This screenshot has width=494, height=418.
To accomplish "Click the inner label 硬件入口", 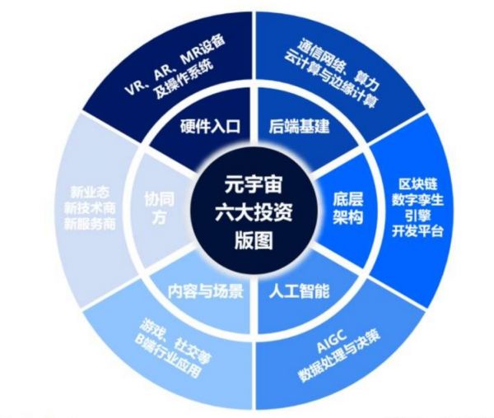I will pyautogui.click(x=209, y=127).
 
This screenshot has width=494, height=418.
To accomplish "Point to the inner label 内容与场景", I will pyautogui.click(x=206, y=290).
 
